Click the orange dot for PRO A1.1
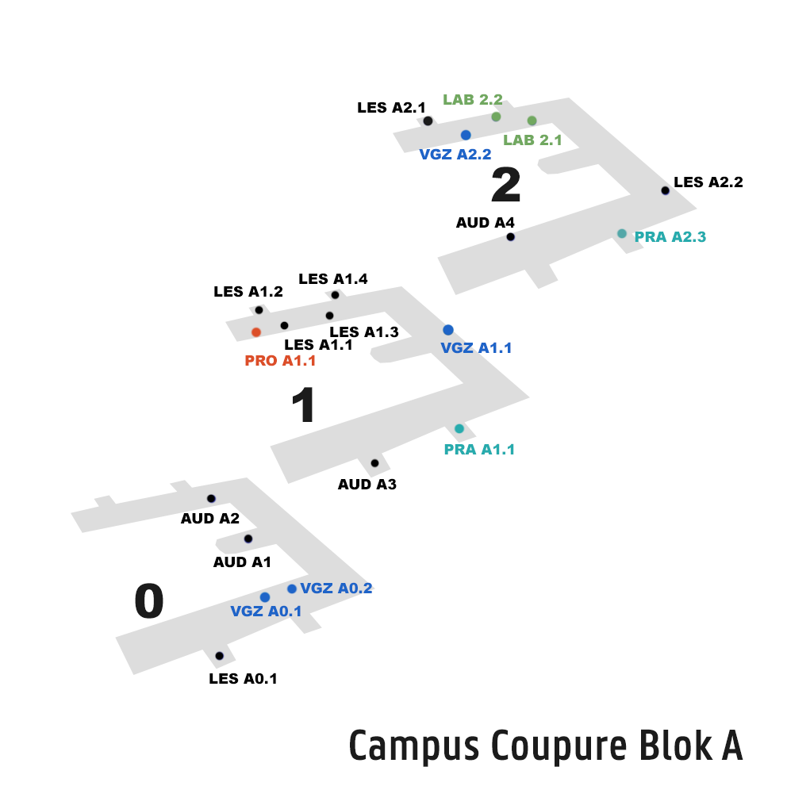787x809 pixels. tap(256, 332)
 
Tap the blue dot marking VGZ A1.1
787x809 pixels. tap(448, 330)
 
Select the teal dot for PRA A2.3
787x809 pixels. tap(622, 233)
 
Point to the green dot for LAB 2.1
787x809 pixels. tap(532, 121)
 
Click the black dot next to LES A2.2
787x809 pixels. tap(665, 190)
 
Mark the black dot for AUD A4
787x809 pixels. tap(510, 237)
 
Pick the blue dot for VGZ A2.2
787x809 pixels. tap(466, 135)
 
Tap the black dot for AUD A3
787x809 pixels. tap(374, 463)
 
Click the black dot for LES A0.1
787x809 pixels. tap(219, 656)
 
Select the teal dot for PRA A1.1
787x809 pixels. tap(459, 429)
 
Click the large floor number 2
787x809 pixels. tap(506, 186)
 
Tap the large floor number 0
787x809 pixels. tap(149, 602)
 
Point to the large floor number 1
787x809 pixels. tap(303, 406)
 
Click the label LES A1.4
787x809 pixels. tap(332, 279)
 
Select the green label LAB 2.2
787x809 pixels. tap(473, 100)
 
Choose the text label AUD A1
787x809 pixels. tap(242, 562)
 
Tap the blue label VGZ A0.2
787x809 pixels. tap(336, 589)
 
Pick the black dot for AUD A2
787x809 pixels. tap(211, 499)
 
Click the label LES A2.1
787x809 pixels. tap(391, 108)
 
